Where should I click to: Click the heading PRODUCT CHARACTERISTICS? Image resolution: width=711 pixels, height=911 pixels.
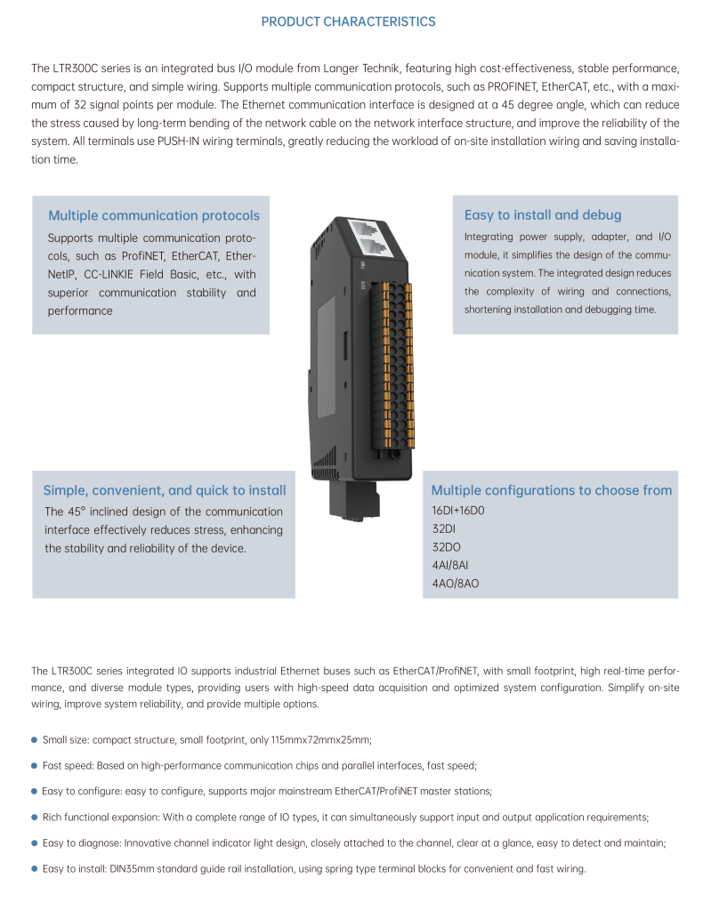[348, 21]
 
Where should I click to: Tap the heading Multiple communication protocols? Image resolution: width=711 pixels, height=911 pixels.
[154, 215]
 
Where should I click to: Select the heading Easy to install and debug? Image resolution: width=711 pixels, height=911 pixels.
[543, 215]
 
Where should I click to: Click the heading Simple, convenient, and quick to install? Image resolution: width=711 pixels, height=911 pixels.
[165, 490]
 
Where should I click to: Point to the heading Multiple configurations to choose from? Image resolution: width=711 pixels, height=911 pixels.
[552, 490]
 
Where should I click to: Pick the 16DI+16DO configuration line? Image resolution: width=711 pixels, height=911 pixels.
[458, 511]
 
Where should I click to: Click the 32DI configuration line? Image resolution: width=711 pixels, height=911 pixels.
[444, 528]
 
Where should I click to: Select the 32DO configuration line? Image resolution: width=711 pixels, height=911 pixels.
[447, 547]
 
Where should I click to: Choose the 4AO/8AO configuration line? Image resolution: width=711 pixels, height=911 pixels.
[456, 584]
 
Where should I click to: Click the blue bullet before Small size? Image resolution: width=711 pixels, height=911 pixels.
[34, 739]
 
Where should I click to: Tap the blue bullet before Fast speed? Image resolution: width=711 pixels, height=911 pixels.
[34, 765]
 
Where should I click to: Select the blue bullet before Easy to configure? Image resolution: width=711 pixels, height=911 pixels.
[34, 791]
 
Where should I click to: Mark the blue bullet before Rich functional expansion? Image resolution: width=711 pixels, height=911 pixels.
[34, 817]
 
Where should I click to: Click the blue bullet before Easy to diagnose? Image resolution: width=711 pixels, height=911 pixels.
[34, 842]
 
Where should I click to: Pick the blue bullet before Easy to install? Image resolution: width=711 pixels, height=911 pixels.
[34, 868]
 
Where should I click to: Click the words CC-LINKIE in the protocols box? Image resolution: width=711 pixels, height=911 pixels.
[115, 275]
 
